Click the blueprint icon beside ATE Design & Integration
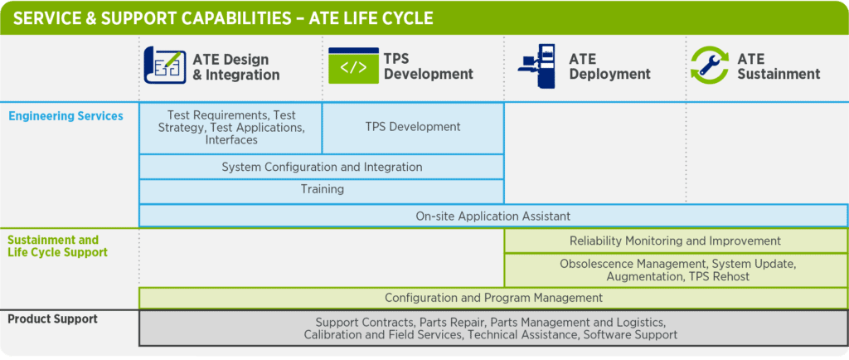[x=165, y=66]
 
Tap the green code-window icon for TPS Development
[x=353, y=66]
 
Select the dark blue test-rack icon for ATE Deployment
[x=537, y=66]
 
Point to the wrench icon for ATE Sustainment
[x=710, y=66]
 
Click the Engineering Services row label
[x=65, y=116]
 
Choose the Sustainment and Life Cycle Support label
[x=57, y=246]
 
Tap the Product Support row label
[x=52, y=319]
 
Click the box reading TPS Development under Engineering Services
[x=413, y=128]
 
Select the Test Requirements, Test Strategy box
[x=231, y=128]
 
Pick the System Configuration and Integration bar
[x=322, y=167]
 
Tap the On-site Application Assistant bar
[x=493, y=216]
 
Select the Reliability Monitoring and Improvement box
[x=676, y=241]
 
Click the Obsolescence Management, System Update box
[x=676, y=270]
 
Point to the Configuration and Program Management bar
[x=493, y=298]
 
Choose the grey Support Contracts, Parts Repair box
[x=493, y=328]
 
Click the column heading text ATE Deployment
[x=609, y=66]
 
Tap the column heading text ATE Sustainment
[x=779, y=66]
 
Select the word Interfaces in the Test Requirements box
[x=231, y=139]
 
